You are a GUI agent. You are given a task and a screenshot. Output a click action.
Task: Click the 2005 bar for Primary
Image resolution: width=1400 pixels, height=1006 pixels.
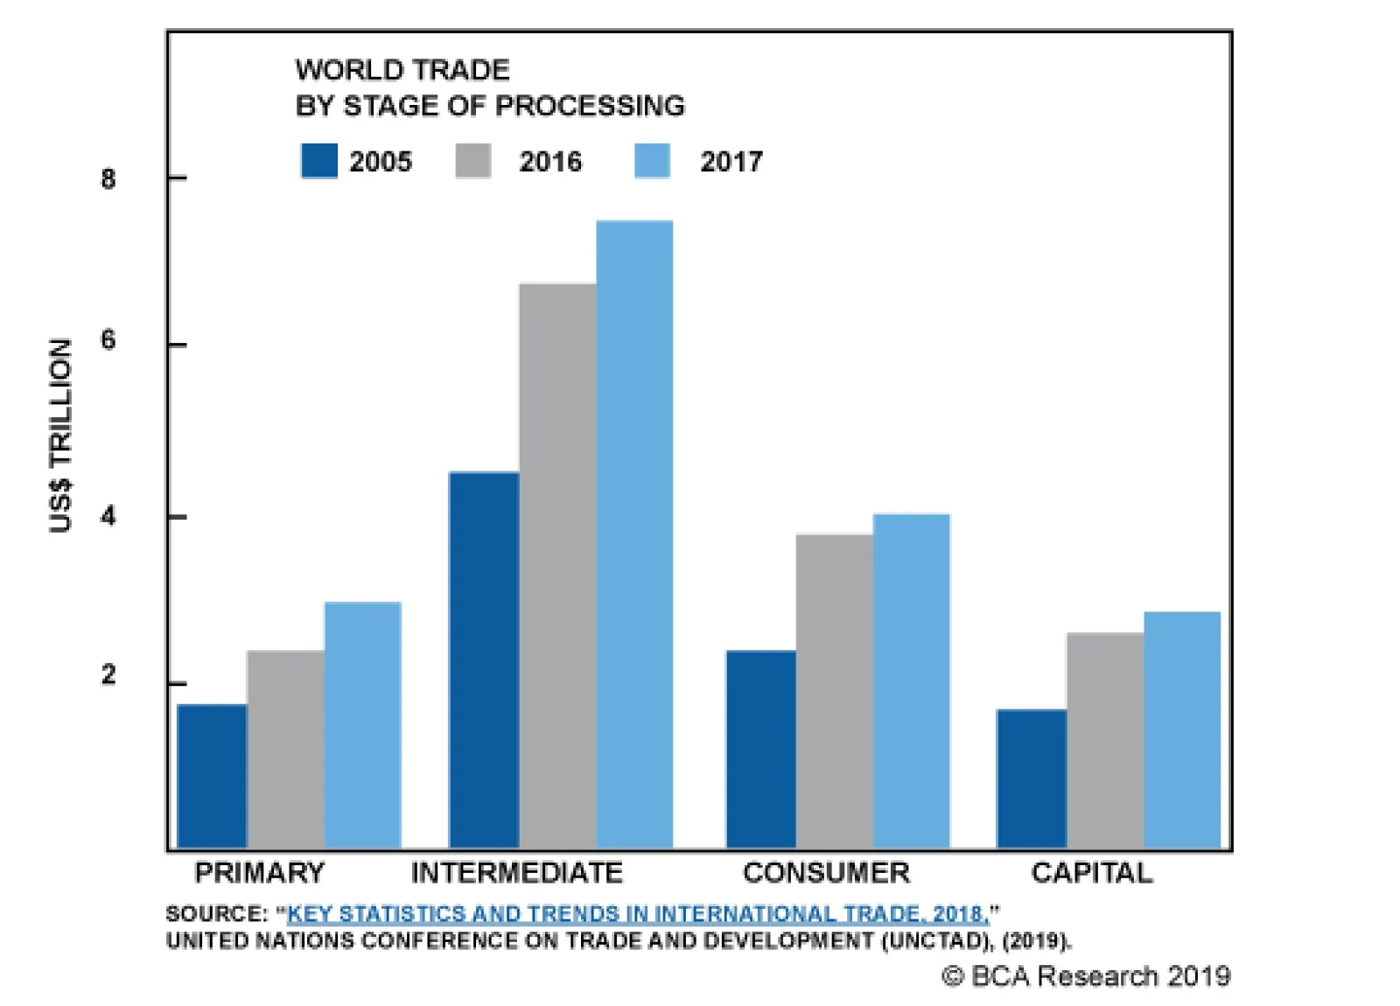pyautogui.click(x=212, y=776)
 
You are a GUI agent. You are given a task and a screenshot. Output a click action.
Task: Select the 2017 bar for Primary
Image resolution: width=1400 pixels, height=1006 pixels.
pyautogui.click(x=362, y=725)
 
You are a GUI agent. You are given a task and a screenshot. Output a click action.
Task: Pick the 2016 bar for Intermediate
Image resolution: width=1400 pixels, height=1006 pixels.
pyautogui.click(x=557, y=566)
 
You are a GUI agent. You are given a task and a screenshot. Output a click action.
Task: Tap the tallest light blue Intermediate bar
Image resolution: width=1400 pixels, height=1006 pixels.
pyautogui.click(x=634, y=534)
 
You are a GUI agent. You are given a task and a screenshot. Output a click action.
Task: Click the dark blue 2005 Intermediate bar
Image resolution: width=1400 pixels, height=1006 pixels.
pyautogui.click(x=484, y=660)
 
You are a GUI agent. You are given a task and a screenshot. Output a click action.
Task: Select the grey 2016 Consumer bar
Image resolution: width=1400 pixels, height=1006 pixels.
pyautogui.click(x=834, y=691)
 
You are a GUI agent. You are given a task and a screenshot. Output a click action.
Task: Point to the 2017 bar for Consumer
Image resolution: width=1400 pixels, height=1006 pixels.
pyautogui.click(x=911, y=681)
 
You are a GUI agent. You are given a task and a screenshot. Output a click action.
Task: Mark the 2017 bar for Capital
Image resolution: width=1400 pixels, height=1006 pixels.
pyautogui.click(x=1181, y=730)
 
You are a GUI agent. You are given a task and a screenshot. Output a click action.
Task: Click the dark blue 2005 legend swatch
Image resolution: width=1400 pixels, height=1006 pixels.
pyautogui.click(x=318, y=161)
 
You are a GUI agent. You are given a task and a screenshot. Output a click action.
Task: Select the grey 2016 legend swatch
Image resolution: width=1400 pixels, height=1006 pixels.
pyautogui.click(x=472, y=161)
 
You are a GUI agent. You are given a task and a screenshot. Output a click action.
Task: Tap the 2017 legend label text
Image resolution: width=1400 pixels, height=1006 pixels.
pyautogui.click(x=731, y=162)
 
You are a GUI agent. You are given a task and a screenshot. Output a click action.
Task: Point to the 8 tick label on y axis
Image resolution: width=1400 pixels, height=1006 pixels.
pyautogui.click(x=108, y=179)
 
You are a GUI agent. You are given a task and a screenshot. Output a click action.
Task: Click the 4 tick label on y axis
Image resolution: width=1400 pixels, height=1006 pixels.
pyautogui.click(x=108, y=517)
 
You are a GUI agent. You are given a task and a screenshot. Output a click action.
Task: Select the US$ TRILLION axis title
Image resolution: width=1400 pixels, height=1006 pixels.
pyautogui.click(x=59, y=435)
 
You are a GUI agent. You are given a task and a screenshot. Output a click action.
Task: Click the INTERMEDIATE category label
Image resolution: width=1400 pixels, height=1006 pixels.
pyautogui.click(x=516, y=873)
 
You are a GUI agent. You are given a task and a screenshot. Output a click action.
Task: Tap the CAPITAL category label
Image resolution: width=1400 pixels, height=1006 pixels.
pyautogui.click(x=1091, y=873)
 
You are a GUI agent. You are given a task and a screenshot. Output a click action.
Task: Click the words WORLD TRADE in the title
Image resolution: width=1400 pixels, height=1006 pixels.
pyautogui.click(x=402, y=70)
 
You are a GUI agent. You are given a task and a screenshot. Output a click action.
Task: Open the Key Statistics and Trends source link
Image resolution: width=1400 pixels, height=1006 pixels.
pyautogui.click(x=638, y=914)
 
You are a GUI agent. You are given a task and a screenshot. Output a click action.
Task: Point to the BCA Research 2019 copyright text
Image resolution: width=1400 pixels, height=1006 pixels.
pyautogui.click(x=1086, y=976)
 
